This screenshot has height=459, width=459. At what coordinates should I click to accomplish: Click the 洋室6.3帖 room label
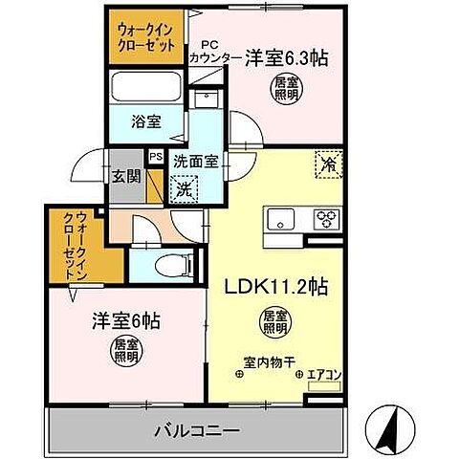[x=286, y=58]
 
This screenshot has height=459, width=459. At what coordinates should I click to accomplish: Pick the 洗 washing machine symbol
[x=183, y=189]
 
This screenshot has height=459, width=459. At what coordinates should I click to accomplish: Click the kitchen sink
[x=283, y=215]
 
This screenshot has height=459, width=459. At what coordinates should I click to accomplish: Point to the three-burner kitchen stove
[x=326, y=215]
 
